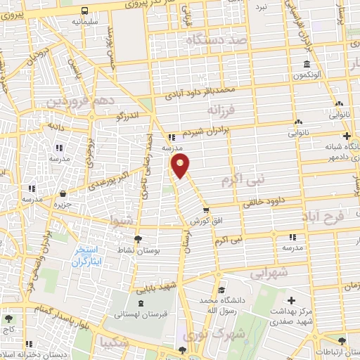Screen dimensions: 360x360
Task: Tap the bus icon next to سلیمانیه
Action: (84, 11)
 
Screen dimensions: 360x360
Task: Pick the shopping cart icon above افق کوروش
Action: (205, 210)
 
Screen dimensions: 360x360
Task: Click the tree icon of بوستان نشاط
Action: (138, 239)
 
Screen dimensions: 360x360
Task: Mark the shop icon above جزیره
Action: (64, 193)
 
